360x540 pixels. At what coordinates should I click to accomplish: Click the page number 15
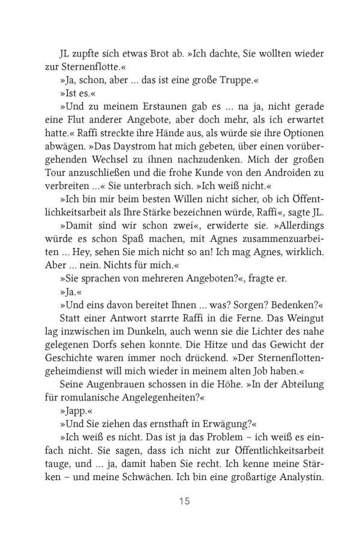[x=179, y=499]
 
